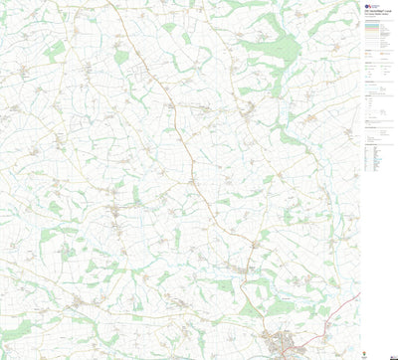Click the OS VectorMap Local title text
coord(376,17)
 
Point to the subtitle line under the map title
coord(375,22)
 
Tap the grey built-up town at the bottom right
coord(283,344)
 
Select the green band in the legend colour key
coord(377,44)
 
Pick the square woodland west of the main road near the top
coord(121,57)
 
